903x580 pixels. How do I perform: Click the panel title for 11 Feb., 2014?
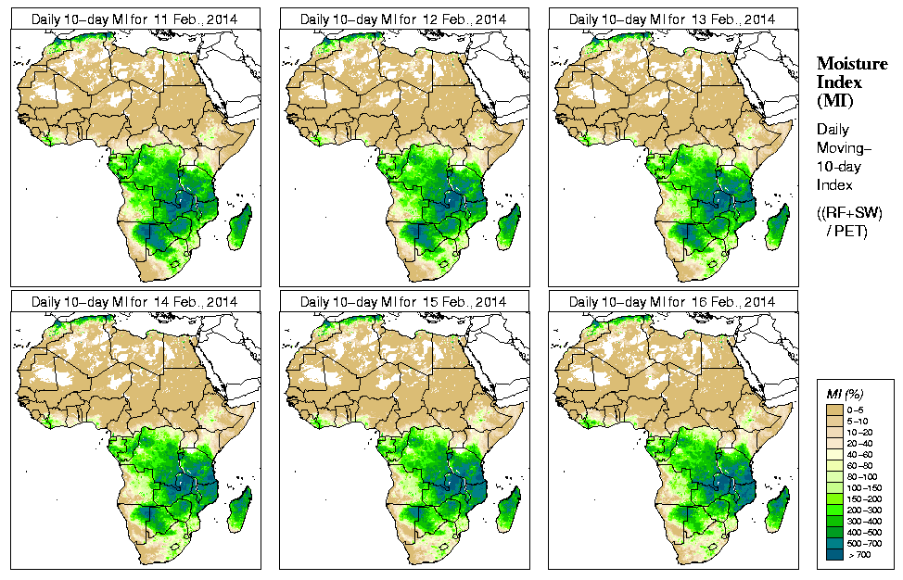(x=134, y=19)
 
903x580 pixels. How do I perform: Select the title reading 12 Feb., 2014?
(x=402, y=19)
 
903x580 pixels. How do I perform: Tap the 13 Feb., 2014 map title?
(x=671, y=19)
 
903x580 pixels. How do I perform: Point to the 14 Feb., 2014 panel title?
(x=134, y=302)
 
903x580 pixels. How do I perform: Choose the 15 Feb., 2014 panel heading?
(x=402, y=302)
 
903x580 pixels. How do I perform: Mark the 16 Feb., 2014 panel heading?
(x=671, y=302)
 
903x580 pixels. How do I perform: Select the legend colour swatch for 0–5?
(x=835, y=408)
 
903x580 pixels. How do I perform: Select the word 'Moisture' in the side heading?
(x=851, y=63)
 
